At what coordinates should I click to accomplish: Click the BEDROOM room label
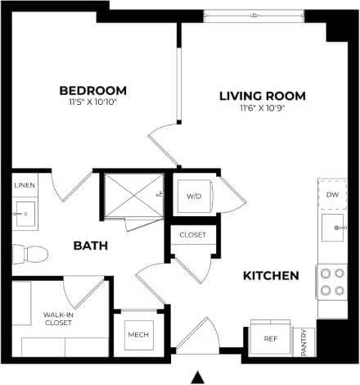click(x=93, y=90)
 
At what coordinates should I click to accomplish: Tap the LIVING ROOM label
click(x=261, y=96)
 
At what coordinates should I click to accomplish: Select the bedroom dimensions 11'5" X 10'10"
click(x=93, y=103)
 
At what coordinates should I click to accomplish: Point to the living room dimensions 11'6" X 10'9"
click(x=262, y=108)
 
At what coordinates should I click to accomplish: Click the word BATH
click(x=92, y=245)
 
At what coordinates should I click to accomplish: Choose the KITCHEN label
click(x=271, y=275)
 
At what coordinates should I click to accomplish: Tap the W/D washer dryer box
click(x=194, y=197)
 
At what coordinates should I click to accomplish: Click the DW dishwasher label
click(x=332, y=195)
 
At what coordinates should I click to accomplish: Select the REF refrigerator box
click(x=269, y=338)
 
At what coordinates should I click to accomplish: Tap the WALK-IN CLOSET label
click(x=59, y=319)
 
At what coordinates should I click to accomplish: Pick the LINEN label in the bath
click(x=25, y=186)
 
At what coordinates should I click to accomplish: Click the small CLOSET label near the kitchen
click(x=193, y=236)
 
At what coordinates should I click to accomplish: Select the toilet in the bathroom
click(x=30, y=254)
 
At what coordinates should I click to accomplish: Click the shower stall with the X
click(x=132, y=197)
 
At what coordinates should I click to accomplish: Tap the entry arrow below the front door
click(x=196, y=377)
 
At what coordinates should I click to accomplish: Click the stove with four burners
click(x=332, y=281)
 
